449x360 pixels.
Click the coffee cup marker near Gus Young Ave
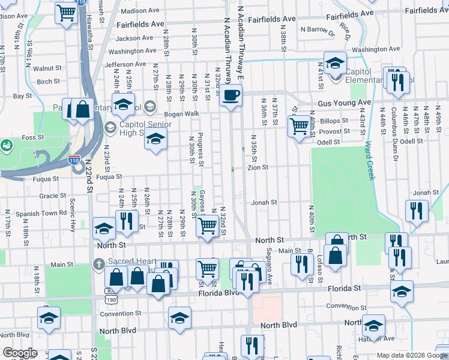(231, 95)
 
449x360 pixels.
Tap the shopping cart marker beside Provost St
(299, 126)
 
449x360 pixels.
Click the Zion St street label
(258, 168)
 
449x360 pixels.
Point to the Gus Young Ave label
(345, 103)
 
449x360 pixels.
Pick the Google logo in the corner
(20, 353)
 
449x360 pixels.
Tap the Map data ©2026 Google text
(411, 355)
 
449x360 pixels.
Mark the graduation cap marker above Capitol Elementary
(335, 62)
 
